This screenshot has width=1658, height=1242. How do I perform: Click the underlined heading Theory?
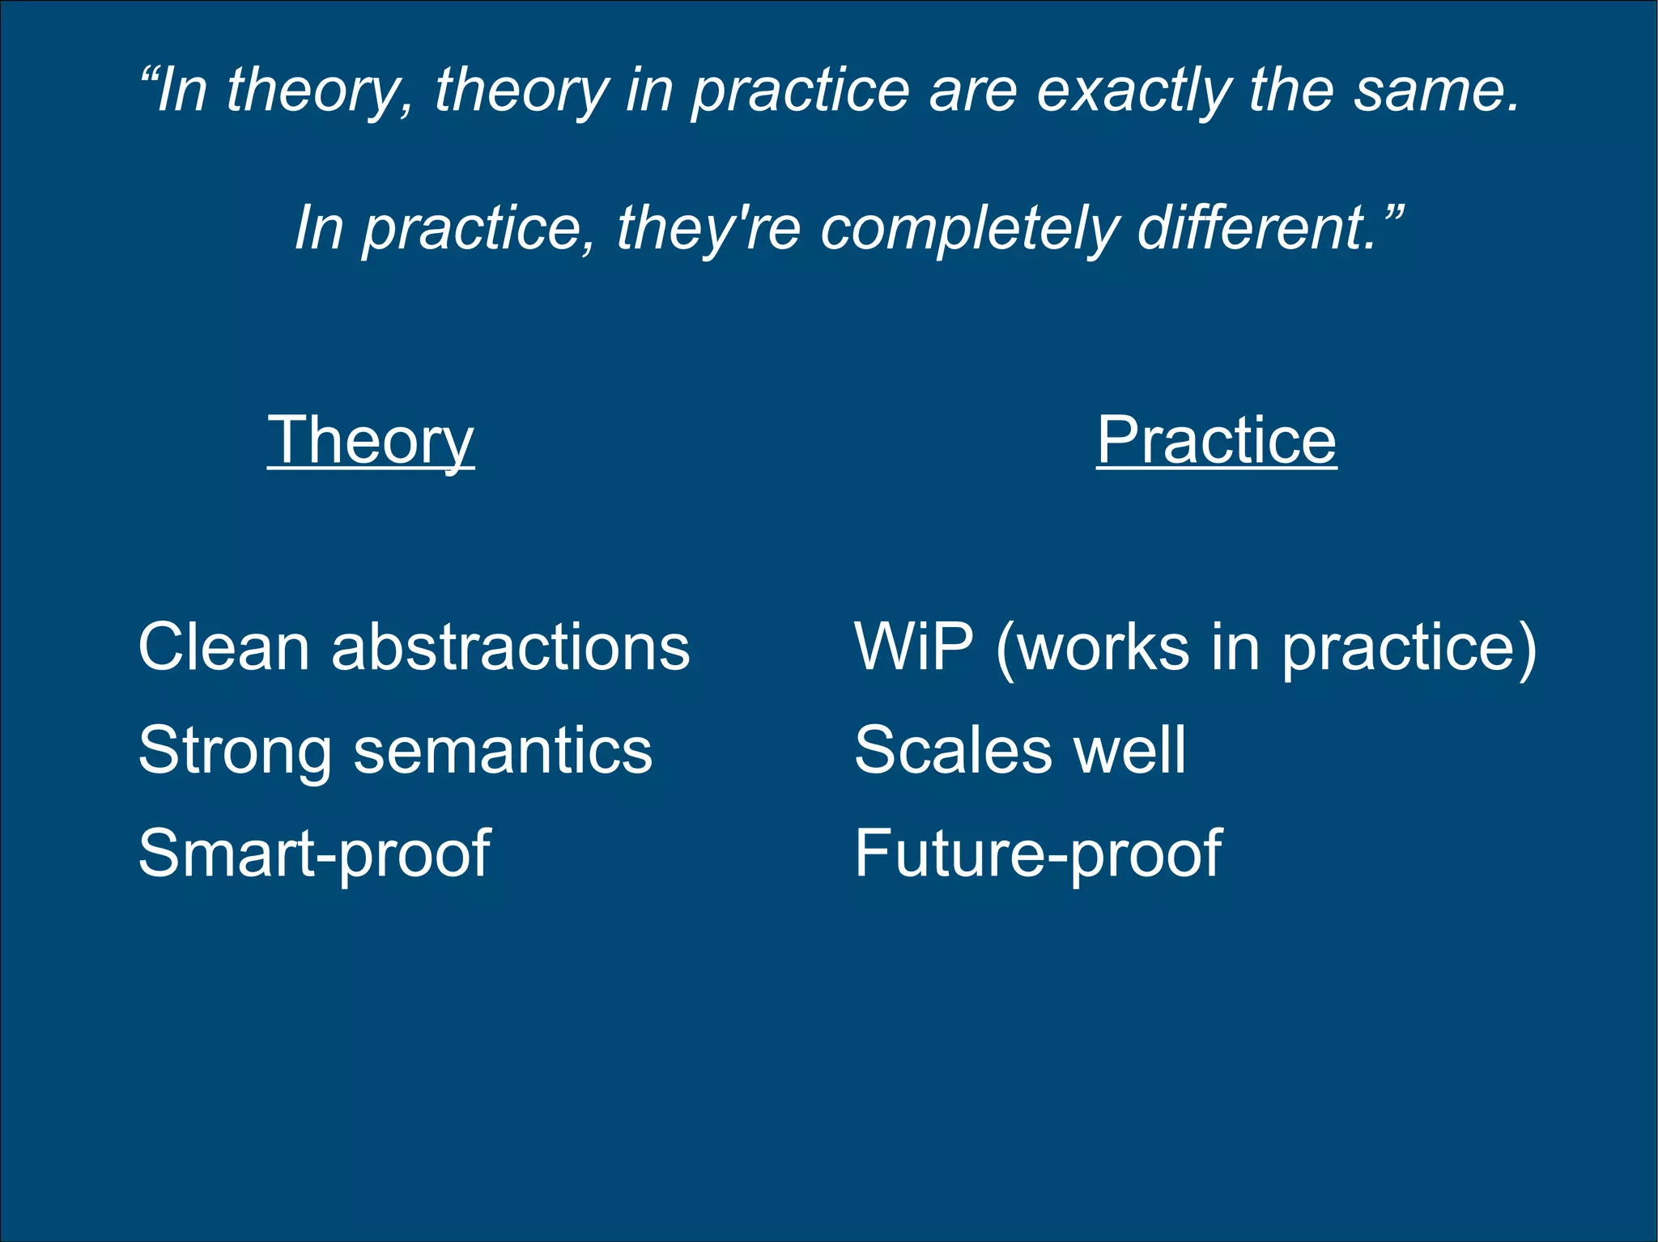pyautogui.click(x=371, y=440)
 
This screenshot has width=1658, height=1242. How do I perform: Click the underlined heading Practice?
pyautogui.click(x=1216, y=440)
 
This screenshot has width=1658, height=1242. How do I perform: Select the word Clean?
pyautogui.click(x=223, y=647)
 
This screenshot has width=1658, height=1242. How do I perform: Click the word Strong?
pyautogui.click(x=235, y=751)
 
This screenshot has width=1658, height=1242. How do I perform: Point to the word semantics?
pyautogui.click(x=503, y=751)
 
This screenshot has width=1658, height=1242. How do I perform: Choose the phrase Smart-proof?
pyautogui.click(x=314, y=854)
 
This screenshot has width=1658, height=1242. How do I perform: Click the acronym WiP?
pyautogui.click(x=913, y=647)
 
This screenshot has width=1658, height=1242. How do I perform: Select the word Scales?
pyautogui.click(x=951, y=751)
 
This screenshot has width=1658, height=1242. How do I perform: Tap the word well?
pyautogui.click(x=1129, y=751)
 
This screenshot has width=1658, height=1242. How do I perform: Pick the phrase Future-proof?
pyautogui.click(x=1038, y=854)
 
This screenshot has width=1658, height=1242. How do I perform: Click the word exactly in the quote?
pyautogui.click(x=1133, y=91)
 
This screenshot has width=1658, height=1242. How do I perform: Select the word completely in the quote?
pyautogui.click(x=968, y=229)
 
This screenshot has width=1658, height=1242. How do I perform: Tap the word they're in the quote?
pyautogui.click(x=708, y=229)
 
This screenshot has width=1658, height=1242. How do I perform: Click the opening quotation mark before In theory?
pyautogui.click(x=148, y=76)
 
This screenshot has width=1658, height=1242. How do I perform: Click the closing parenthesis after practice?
pyautogui.click(x=1527, y=649)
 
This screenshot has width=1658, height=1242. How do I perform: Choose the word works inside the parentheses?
pyautogui.click(x=1103, y=647)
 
